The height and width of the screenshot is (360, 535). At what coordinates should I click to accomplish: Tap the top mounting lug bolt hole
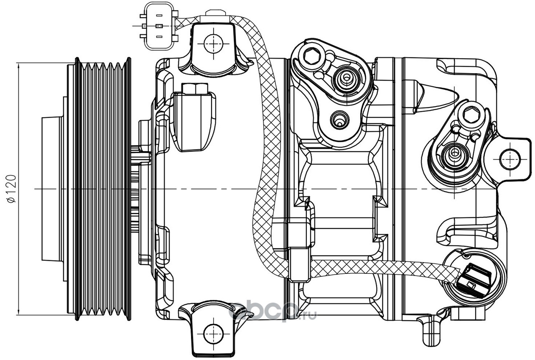point(213,44)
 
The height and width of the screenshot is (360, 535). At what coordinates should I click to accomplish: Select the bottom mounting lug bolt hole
point(213,334)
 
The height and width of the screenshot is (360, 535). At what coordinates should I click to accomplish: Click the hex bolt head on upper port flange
point(312,56)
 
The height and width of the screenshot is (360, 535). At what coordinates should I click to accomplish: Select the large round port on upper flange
point(346,78)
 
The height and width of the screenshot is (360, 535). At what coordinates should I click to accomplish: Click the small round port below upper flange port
point(340,120)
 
